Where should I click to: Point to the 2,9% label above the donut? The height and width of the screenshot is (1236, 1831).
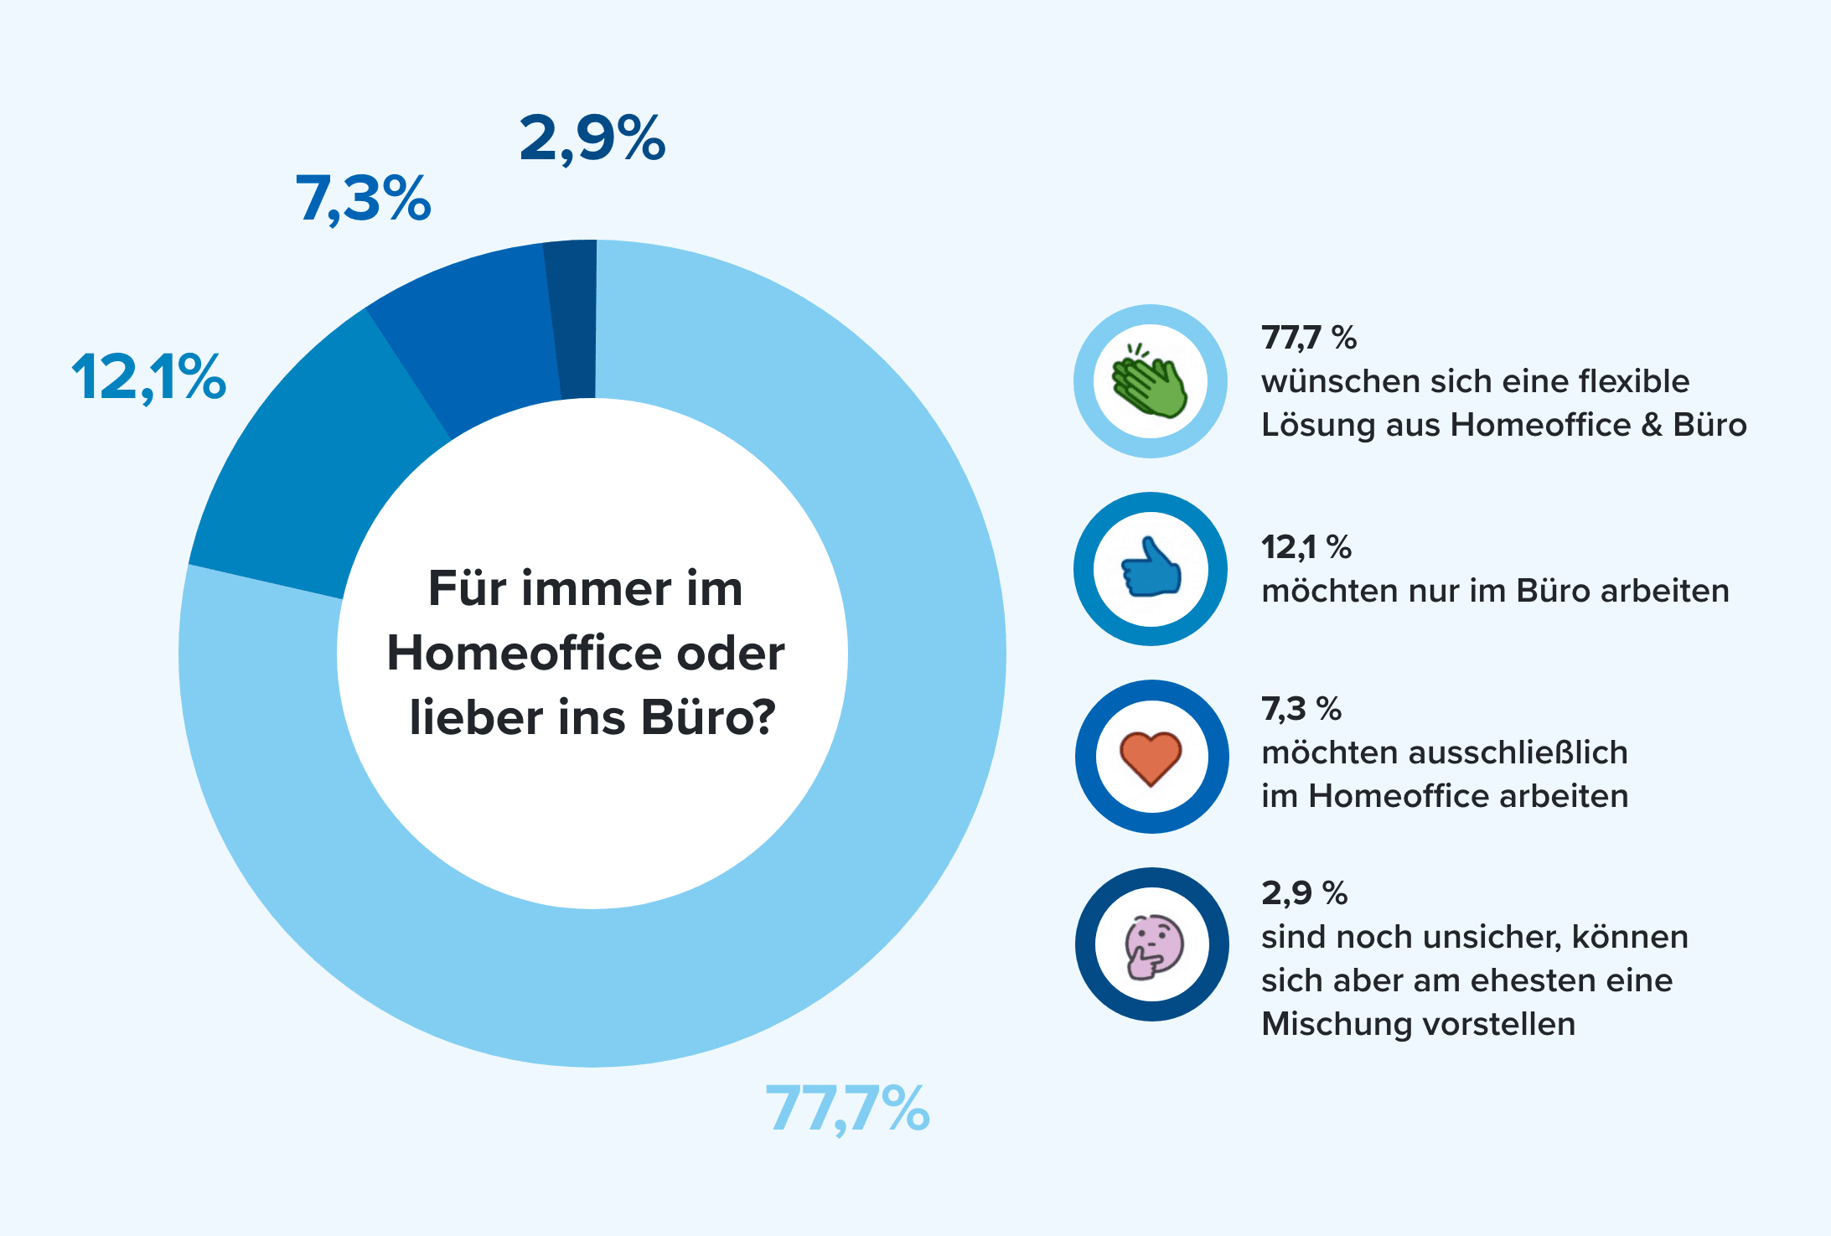(x=592, y=138)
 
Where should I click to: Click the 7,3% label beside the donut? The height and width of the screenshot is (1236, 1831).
(x=363, y=199)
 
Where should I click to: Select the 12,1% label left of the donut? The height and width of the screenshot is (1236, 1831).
(x=148, y=377)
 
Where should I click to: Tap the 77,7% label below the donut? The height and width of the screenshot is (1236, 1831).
(x=847, y=1108)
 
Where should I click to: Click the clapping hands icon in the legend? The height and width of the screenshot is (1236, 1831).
(x=1150, y=382)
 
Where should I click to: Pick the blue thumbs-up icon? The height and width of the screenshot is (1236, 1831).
(x=1151, y=569)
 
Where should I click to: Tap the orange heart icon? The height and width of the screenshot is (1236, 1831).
(x=1151, y=758)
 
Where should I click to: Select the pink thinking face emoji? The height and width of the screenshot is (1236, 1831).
(x=1153, y=945)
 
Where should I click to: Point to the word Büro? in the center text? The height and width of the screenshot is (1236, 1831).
(x=709, y=718)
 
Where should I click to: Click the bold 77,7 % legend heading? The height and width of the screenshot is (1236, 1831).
(x=1308, y=338)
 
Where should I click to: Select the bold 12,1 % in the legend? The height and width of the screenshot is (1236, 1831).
(x=1306, y=547)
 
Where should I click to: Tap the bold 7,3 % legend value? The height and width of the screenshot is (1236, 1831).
(x=1301, y=709)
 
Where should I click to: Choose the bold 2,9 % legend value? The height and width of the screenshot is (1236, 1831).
(x=1304, y=893)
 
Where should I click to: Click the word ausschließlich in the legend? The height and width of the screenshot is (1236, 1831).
(x=1518, y=752)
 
